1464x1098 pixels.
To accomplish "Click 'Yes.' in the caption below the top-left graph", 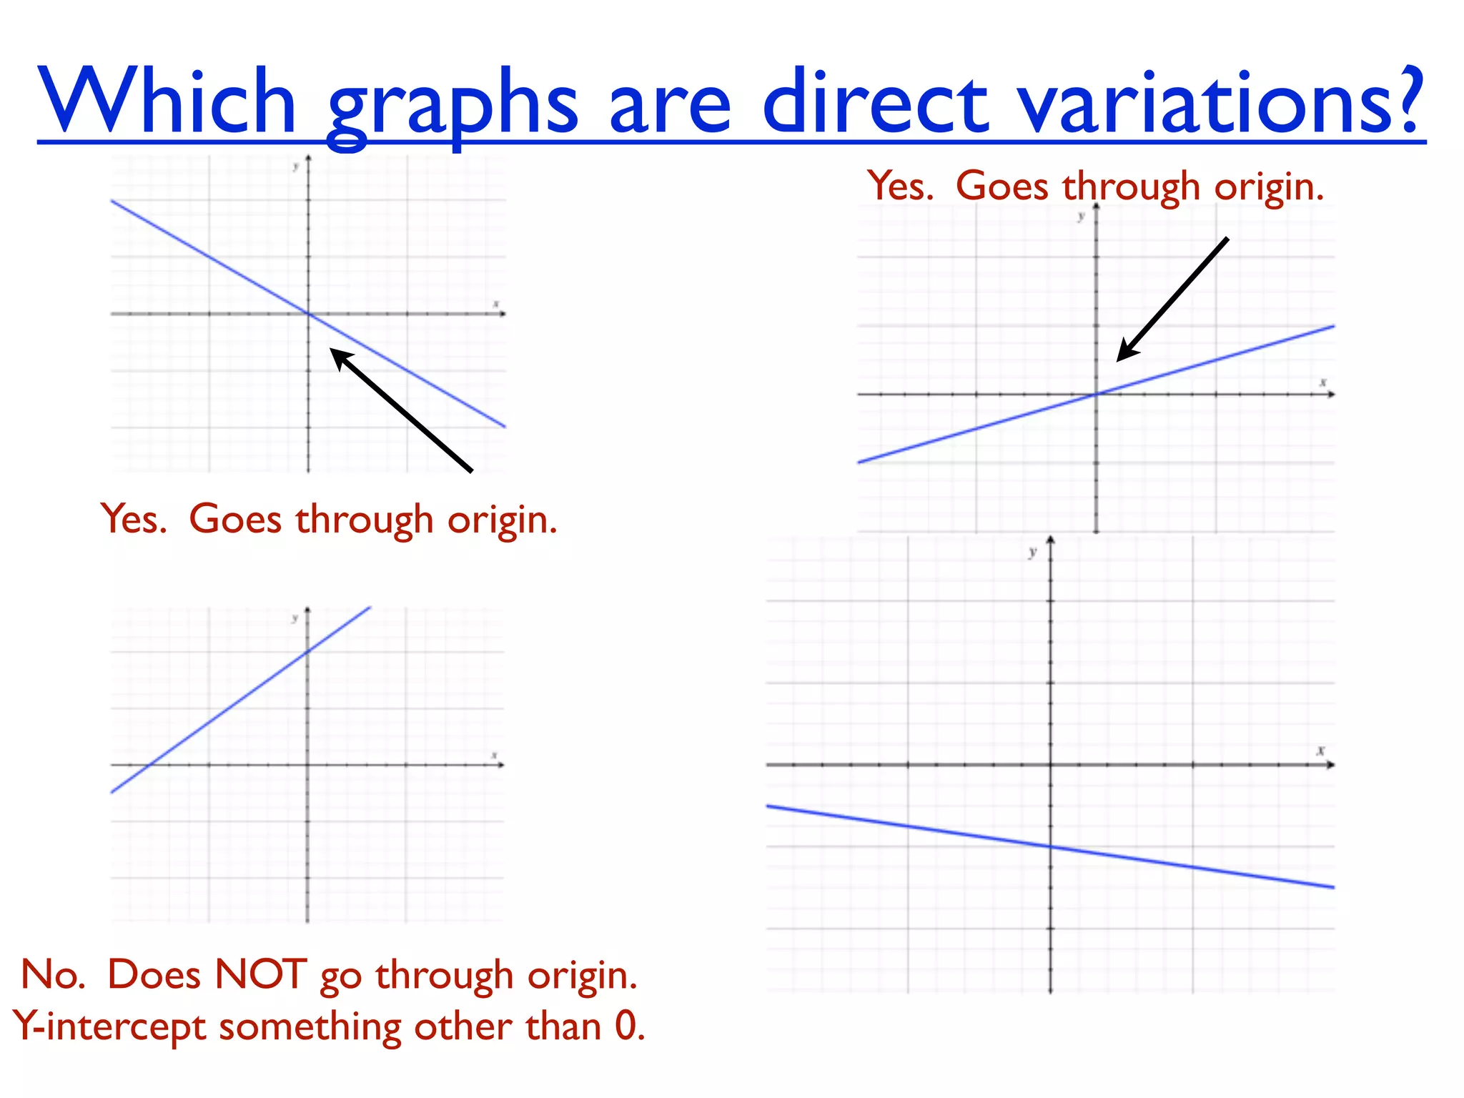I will pos(134,519).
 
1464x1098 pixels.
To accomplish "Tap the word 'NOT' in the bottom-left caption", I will pos(260,974).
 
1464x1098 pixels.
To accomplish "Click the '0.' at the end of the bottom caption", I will pos(629,1027).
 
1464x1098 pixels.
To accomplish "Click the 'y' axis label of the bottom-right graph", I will pos(1032,552).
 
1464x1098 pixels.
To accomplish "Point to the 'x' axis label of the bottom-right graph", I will pos(1321,751).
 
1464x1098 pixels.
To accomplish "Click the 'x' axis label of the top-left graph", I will pos(495,305).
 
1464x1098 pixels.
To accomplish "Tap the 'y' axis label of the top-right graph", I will pos(1081,216).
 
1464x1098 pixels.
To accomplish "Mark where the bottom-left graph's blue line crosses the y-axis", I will pos(308,651).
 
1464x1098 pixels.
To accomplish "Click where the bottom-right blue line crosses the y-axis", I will pos(1051,847).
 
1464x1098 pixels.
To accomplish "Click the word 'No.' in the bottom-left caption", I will pos(53,974).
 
